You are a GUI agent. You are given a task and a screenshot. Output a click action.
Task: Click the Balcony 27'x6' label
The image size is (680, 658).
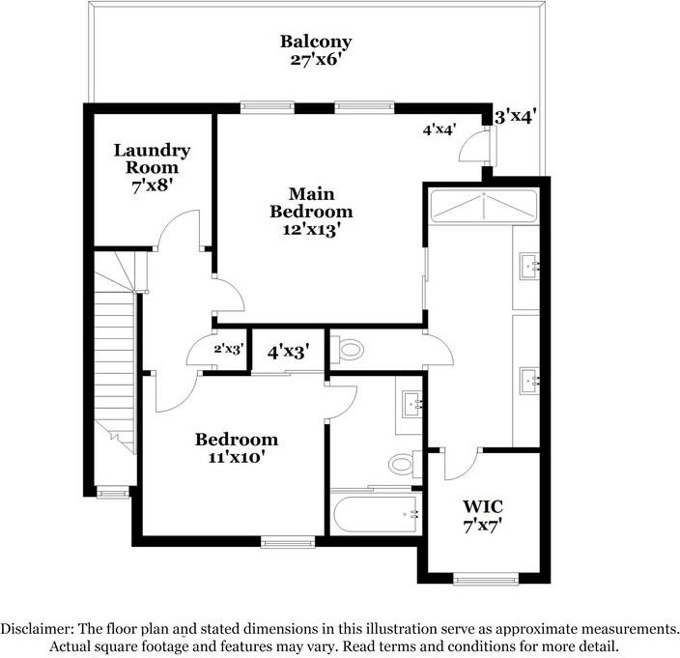(x=316, y=50)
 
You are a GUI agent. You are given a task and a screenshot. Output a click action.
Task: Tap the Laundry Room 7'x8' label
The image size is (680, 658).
(x=153, y=168)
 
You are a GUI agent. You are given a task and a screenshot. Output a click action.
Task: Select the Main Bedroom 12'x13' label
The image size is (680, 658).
(x=311, y=213)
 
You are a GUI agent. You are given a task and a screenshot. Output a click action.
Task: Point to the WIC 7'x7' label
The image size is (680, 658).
(x=483, y=516)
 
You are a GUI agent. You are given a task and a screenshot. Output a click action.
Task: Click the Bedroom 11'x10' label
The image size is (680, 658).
(x=237, y=448)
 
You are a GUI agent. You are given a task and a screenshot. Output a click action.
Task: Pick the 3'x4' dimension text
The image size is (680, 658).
(x=516, y=116)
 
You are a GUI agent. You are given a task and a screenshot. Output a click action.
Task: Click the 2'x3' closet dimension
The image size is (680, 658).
(x=229, y=349)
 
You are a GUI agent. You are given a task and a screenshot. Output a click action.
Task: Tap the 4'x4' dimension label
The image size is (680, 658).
(x=439, y=129)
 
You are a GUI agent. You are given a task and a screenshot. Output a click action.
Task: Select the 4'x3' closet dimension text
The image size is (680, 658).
(x=289, y=352)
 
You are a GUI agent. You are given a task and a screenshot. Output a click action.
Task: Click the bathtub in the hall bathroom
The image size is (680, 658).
(x=376, y=514)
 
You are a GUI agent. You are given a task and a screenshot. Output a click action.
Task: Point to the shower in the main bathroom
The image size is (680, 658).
(x=483, y=206)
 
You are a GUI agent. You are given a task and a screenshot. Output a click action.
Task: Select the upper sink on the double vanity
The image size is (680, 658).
(x=529, y=266)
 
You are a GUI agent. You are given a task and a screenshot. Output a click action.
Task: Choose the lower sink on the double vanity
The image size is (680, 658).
(x=529, y=381)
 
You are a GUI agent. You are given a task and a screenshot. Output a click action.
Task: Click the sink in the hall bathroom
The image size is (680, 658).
(x=412, y=404)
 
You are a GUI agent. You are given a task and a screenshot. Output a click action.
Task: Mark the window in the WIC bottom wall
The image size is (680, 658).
(x=486, y=579)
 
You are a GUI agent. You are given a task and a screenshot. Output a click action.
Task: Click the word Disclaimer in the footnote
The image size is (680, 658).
(x=34, y=628)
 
